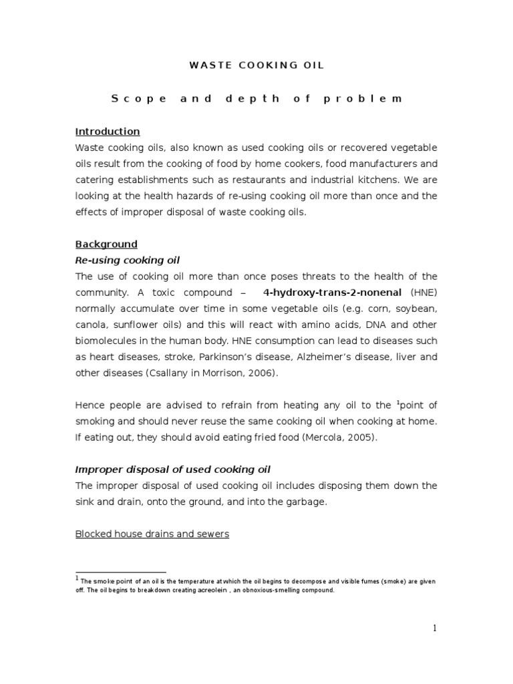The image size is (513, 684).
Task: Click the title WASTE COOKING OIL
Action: (256, 65)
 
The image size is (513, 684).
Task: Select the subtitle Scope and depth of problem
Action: (256, 99)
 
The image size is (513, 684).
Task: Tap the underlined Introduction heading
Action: (108, 132)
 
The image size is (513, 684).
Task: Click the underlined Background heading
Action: (106, 244)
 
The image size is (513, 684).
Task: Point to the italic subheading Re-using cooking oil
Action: (128, 261)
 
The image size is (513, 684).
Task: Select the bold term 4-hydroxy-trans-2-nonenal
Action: (332, 293)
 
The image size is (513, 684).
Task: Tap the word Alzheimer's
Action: (331, 357)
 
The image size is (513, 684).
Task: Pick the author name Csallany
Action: (169, 373)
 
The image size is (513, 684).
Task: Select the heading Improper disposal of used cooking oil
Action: (173, 470)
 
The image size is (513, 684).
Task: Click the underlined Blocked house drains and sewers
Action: (152, 534)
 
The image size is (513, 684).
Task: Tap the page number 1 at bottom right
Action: (434, 628)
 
